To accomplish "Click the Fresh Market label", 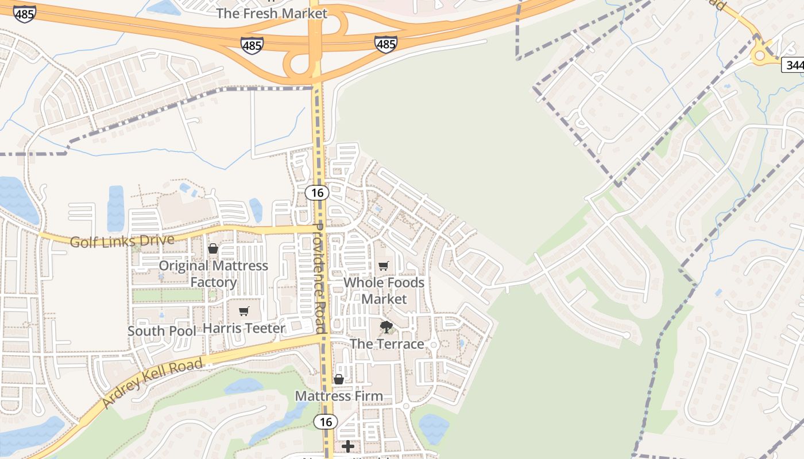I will pyautogui.click(x=272, y=13).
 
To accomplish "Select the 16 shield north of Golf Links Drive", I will pyautogui.click(x=316, y=192).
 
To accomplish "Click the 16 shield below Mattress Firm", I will pyautogui.click(x=325, y=422).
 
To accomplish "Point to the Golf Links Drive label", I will pyautogui.click(x=122, y=240).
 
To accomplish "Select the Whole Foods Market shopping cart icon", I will pyautogui.click(x=383, y=266).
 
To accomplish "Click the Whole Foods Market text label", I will pyautogui.click(x=384, y=290).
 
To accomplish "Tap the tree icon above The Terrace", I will pyautogui.click(x=386, y=327).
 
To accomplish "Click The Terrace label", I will pyautogui.click(x=386, y=344).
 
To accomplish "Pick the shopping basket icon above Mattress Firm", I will pyautogui.click(x=339, y=379).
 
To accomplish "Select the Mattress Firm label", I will pyautogui.click(x=339, y=396).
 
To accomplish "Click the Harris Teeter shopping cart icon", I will pyautogui.click(x=244, y=311).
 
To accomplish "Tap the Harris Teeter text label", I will pyautogui.click(x=244, y=328).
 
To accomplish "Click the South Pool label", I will pyautogui.click(x=161, y=331).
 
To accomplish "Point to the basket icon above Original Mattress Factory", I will pyautogui.click(x=213, y=248).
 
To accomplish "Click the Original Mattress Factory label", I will pyautogui.click(x=214, y=274).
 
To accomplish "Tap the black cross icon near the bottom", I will pyautogui.click(x=348, y=446).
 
